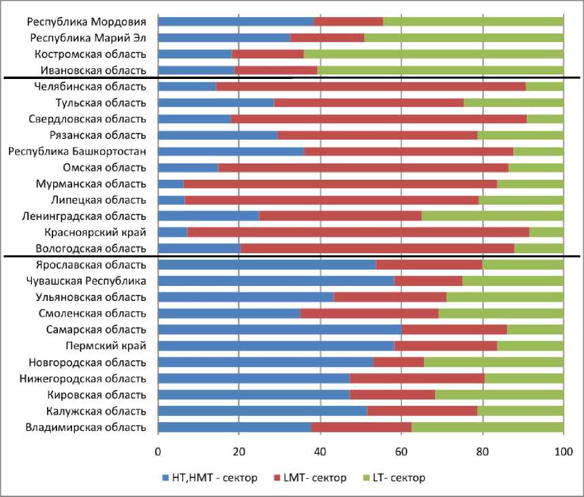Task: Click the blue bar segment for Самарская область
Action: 279,330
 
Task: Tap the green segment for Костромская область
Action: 433,54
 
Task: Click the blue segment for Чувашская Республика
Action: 276,281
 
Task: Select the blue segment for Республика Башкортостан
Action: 231,151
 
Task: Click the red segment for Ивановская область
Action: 276,70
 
